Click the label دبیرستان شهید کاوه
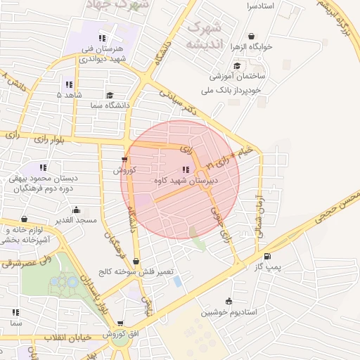point(186,181)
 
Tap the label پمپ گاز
point(267,267)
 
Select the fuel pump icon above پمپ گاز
point(266,256)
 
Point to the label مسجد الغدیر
point(77,221)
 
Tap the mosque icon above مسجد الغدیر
point(76,210)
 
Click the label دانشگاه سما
point(110,105)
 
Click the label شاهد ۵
point(69,94)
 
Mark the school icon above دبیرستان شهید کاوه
point(186,169)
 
